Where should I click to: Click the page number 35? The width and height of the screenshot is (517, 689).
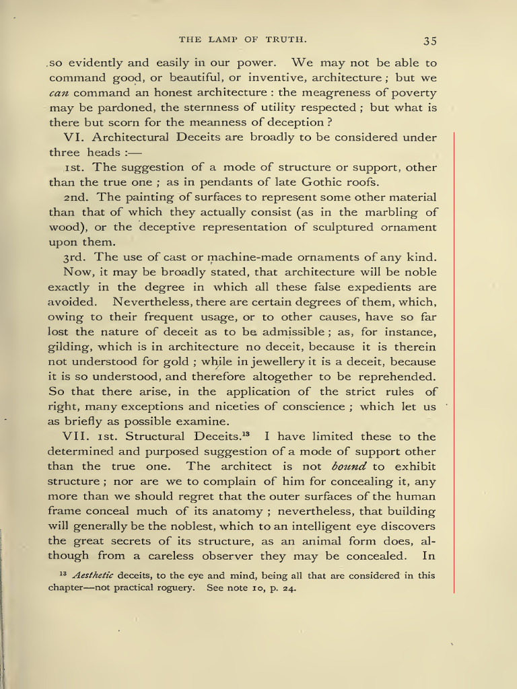pyautogui.click(x=430, y=40)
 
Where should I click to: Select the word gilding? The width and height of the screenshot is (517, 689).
pyautogui.click(x=70, y=347)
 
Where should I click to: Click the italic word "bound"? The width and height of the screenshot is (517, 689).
pyautogui.click(x=350, y=466)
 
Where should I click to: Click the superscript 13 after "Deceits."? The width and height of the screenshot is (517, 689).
pyautogui.click(x=246, y=433)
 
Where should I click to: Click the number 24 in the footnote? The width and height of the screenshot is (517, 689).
pyautogui.click(x=287, y=587)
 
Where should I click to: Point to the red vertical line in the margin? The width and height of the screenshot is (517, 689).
pyautogui.click(x=454, y=363)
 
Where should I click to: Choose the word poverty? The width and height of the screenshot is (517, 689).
pyautogui.click(x=409, y=93)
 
